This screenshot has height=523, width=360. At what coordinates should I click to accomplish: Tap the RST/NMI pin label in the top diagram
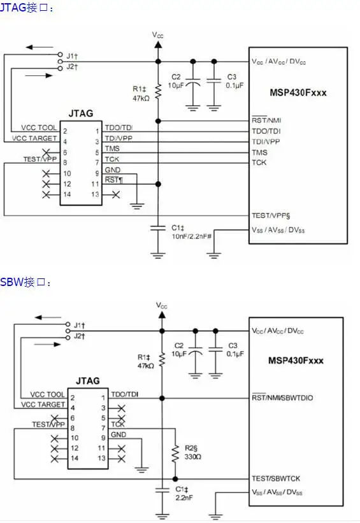(266, 120)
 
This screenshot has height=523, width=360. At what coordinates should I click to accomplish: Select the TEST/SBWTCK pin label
(276, 478)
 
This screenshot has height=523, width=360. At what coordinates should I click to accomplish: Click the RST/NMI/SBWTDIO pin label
(282, 398)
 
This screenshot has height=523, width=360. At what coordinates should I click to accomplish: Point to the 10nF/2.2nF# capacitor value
(192, 236)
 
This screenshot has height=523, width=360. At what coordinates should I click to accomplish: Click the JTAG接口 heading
(26, 8)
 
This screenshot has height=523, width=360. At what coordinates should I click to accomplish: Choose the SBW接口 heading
(25, 282)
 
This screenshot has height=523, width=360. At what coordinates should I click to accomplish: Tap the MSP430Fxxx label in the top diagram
(298, 92)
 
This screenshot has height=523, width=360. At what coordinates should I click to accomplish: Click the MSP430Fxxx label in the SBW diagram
(296, 361)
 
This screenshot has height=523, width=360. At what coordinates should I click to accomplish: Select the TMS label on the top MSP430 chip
(259, 152)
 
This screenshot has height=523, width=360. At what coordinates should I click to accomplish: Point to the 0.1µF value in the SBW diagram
(235, 354)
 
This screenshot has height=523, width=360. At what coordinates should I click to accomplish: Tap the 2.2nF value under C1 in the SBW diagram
(184, 498)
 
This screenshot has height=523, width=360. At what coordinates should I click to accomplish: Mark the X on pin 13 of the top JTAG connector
(116, 194)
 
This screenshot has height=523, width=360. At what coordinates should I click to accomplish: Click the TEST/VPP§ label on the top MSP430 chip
(271, 215)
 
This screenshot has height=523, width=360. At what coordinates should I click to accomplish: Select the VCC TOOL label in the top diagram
(39, 128)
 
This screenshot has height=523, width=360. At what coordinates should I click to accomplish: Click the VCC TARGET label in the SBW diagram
(43, 405)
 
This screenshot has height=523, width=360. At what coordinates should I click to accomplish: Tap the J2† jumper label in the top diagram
(72, 66)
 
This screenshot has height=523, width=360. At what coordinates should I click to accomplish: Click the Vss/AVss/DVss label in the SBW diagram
(277, 492)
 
